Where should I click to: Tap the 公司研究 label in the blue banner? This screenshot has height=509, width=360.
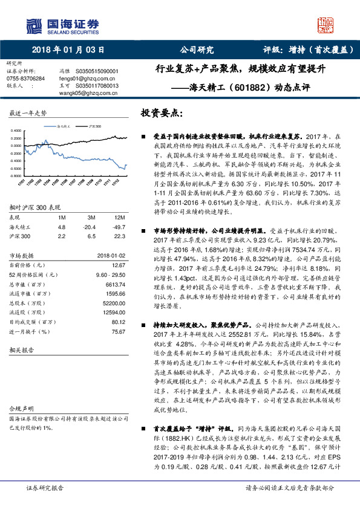(x=198, y=50)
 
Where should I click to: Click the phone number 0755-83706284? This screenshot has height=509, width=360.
(x=25, y=79)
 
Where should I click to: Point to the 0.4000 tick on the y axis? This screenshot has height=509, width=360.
(x=15, y=131)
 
